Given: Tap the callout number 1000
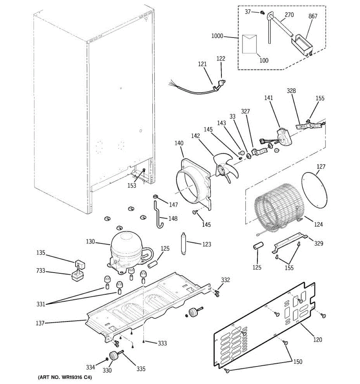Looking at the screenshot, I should [x=217, y=36].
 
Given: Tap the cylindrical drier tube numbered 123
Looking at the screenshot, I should [x=184, y=243].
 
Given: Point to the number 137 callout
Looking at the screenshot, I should [x=40, y=323].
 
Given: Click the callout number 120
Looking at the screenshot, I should [x=317, y=340].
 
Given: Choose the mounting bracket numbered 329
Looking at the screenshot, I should [x=290, y=243].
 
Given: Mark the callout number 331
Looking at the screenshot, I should [x=41, y=304].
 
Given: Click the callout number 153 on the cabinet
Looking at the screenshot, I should [x=132, y=185].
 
